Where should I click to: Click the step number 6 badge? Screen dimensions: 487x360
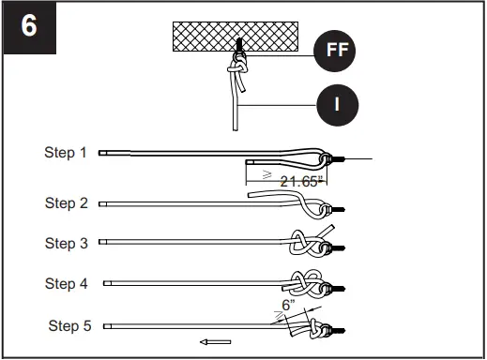(x=30, y=27)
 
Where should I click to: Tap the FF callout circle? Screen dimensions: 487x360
(x=335, y=51)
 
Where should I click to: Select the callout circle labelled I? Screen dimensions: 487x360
(x=338, y=105)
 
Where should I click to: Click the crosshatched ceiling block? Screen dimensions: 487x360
(x=236, y=37)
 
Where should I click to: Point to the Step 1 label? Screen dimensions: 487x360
(x=65, y=153)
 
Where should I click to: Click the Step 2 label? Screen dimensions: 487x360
(x=66, y=203)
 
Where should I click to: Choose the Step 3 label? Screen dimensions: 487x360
(x=66, y=243)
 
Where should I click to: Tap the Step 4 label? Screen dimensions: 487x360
(x=66, y=284)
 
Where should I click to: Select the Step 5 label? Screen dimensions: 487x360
(x=69, y=325)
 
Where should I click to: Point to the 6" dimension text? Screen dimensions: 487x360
(x=288, y=305)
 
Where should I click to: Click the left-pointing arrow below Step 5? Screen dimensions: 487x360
(x=215, y=342)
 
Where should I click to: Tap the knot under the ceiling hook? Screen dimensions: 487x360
(x=237, y=68)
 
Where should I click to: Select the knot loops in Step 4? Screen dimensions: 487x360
(x=305, y=283)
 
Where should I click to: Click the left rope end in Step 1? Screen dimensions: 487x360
(x=102, y=153)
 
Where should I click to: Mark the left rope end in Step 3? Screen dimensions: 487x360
(x=102, y=242)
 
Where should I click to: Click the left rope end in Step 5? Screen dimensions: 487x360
(x=107, y=326)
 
